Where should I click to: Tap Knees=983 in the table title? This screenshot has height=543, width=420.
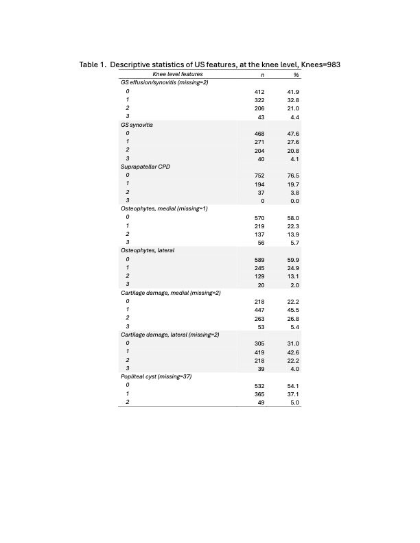click(320, 64)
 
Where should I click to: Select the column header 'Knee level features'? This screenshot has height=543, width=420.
click(177, 74)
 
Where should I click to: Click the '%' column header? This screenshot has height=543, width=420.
click(296, 74)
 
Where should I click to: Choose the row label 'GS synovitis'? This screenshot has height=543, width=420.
click(132, 125)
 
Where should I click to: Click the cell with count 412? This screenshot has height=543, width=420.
click(259, 92)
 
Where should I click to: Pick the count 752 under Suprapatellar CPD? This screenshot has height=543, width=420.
click(259, 176)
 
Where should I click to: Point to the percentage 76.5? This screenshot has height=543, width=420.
click(293, 176)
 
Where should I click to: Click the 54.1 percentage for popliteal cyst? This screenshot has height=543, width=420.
click(293, 386)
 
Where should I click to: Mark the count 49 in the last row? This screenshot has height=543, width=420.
click(261, 402)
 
